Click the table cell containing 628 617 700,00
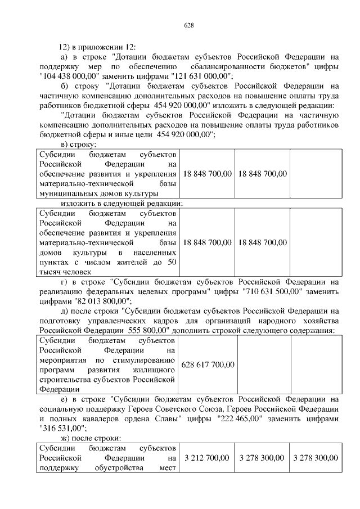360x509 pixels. (x=208, y=364)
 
